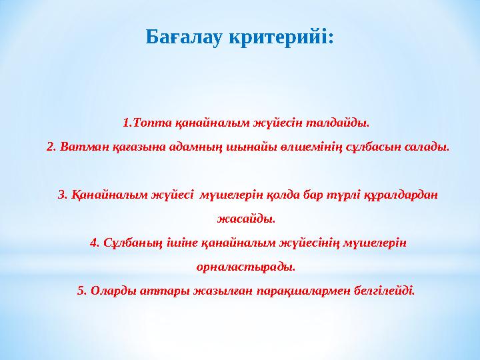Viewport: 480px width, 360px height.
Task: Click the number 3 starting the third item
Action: tap(62, 195)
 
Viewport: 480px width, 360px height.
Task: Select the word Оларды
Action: tap(109, 291)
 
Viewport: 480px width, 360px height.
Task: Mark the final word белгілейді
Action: tap(381, 291)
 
